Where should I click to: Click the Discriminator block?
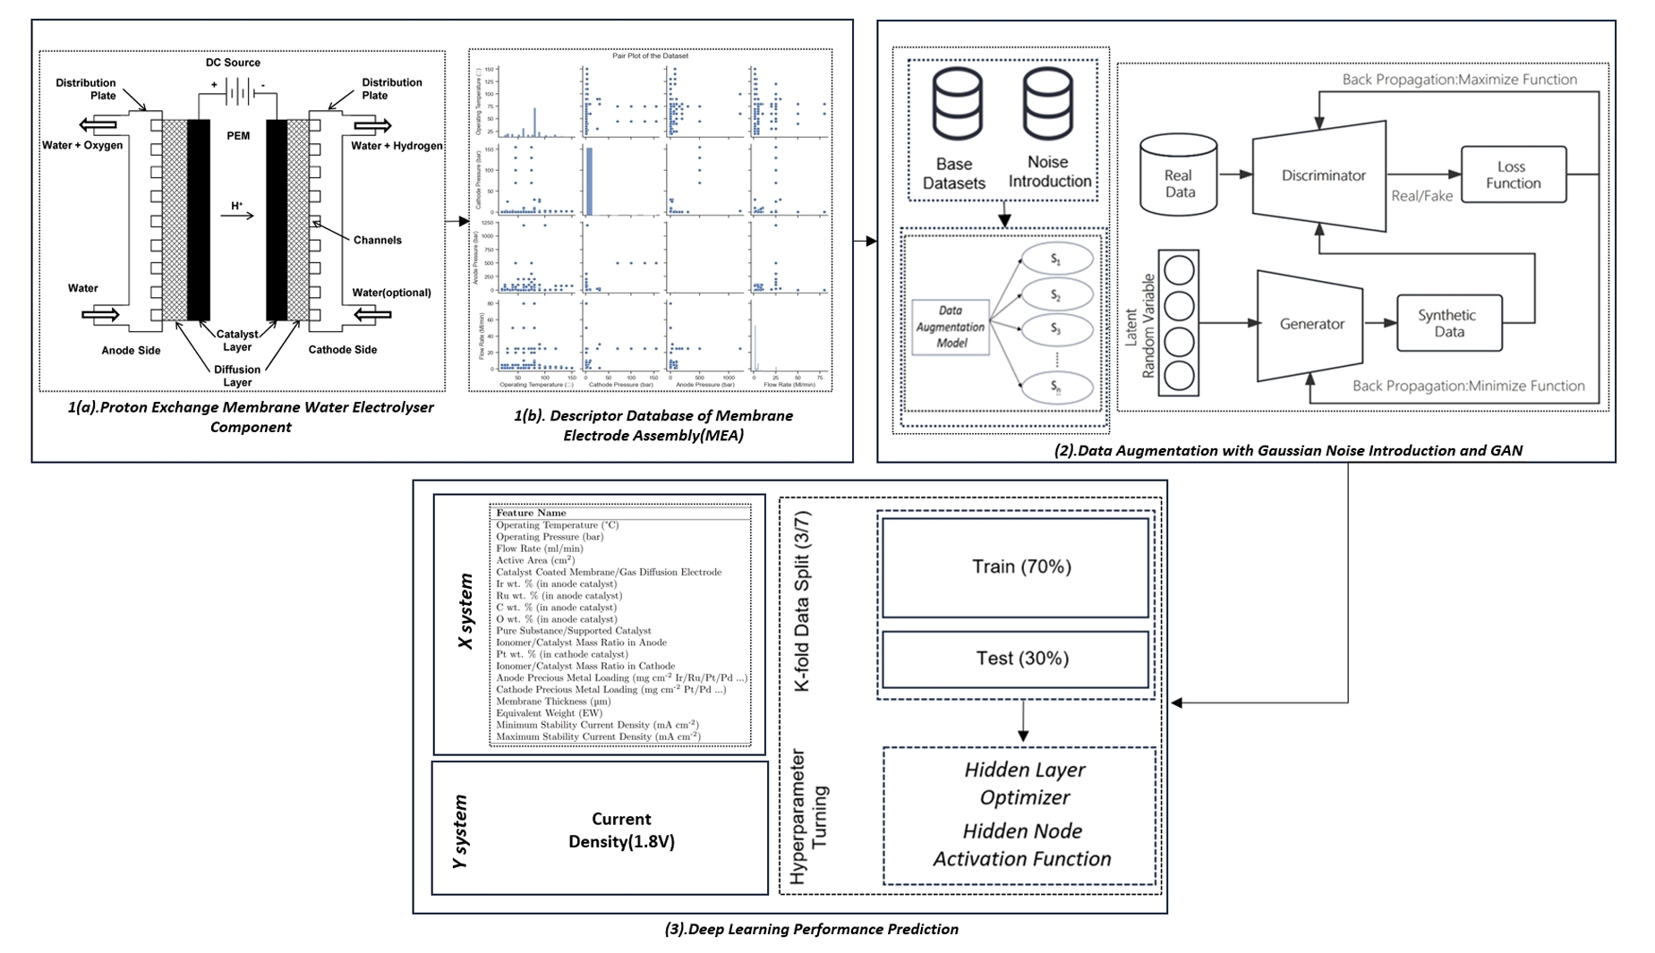click(x=1321, y=176)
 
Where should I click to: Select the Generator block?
click(x=1310, y=325)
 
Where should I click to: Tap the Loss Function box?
click(x=1513, y=175)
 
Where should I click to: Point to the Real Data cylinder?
click(x=1179, y=176)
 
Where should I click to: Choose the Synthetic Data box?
click(x=1448, y=323)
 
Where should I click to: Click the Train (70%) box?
click(x=1015, y=567)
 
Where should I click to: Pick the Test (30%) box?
click(x=1015, y=659)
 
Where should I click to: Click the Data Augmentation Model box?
click(x=951, y=328)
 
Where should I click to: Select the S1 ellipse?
click(x=1057, y=260)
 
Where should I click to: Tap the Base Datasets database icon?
click(x=957, y=106)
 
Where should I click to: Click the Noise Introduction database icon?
click(x=1048, y=106)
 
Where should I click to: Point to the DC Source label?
click(x=233, y=63)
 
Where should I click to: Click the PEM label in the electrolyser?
click(x=238, y=136)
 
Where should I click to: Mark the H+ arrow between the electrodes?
click(x=238, y=215)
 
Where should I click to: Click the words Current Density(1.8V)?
click(x=621, y=830)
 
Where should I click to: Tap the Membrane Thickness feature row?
click(x=554, y=702)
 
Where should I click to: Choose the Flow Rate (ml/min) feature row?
click(x=540, y=549)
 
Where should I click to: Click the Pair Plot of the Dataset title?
click(x=650, y=55)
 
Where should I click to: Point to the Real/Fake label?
click(x=1421, y=196)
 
